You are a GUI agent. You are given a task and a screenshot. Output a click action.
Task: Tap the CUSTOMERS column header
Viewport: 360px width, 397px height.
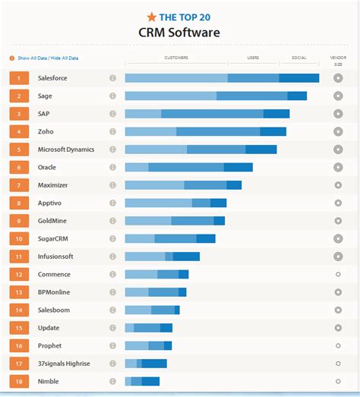pos(176,58)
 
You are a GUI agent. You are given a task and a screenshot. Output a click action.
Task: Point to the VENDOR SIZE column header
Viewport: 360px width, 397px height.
pos(338,61)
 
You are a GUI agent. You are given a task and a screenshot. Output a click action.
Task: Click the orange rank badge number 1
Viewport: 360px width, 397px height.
pos(19,77)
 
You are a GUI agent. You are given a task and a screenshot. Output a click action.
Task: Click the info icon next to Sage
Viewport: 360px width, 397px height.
pos(112,96)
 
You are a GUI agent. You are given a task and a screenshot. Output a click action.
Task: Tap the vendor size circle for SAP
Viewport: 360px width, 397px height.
pos(338,114)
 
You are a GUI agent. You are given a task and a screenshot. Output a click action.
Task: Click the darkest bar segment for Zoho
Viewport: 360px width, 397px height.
pos(273,131)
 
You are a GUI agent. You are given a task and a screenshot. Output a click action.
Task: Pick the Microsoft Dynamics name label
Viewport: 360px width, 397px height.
pos(66,150)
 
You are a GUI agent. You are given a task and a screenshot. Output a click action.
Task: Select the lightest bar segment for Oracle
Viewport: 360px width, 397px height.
pos(137,167)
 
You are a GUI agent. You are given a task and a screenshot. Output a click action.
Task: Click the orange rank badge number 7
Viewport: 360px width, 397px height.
pos(19,185)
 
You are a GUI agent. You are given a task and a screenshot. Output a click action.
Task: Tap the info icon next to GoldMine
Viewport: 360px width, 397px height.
pos(112,221)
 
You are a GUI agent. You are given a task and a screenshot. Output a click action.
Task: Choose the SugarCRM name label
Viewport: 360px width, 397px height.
pos(55,238)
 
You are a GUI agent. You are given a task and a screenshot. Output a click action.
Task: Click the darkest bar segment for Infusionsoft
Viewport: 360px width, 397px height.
pos(186,257)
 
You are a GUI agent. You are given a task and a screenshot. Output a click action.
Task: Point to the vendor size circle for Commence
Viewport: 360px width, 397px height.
pos(338,274)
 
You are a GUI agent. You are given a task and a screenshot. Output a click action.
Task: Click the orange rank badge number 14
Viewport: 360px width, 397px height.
pos(19,310)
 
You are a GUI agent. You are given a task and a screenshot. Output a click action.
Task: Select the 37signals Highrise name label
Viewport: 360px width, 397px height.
pos(64,364)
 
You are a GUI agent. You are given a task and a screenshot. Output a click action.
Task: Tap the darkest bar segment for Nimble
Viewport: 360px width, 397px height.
pos(150,381)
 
